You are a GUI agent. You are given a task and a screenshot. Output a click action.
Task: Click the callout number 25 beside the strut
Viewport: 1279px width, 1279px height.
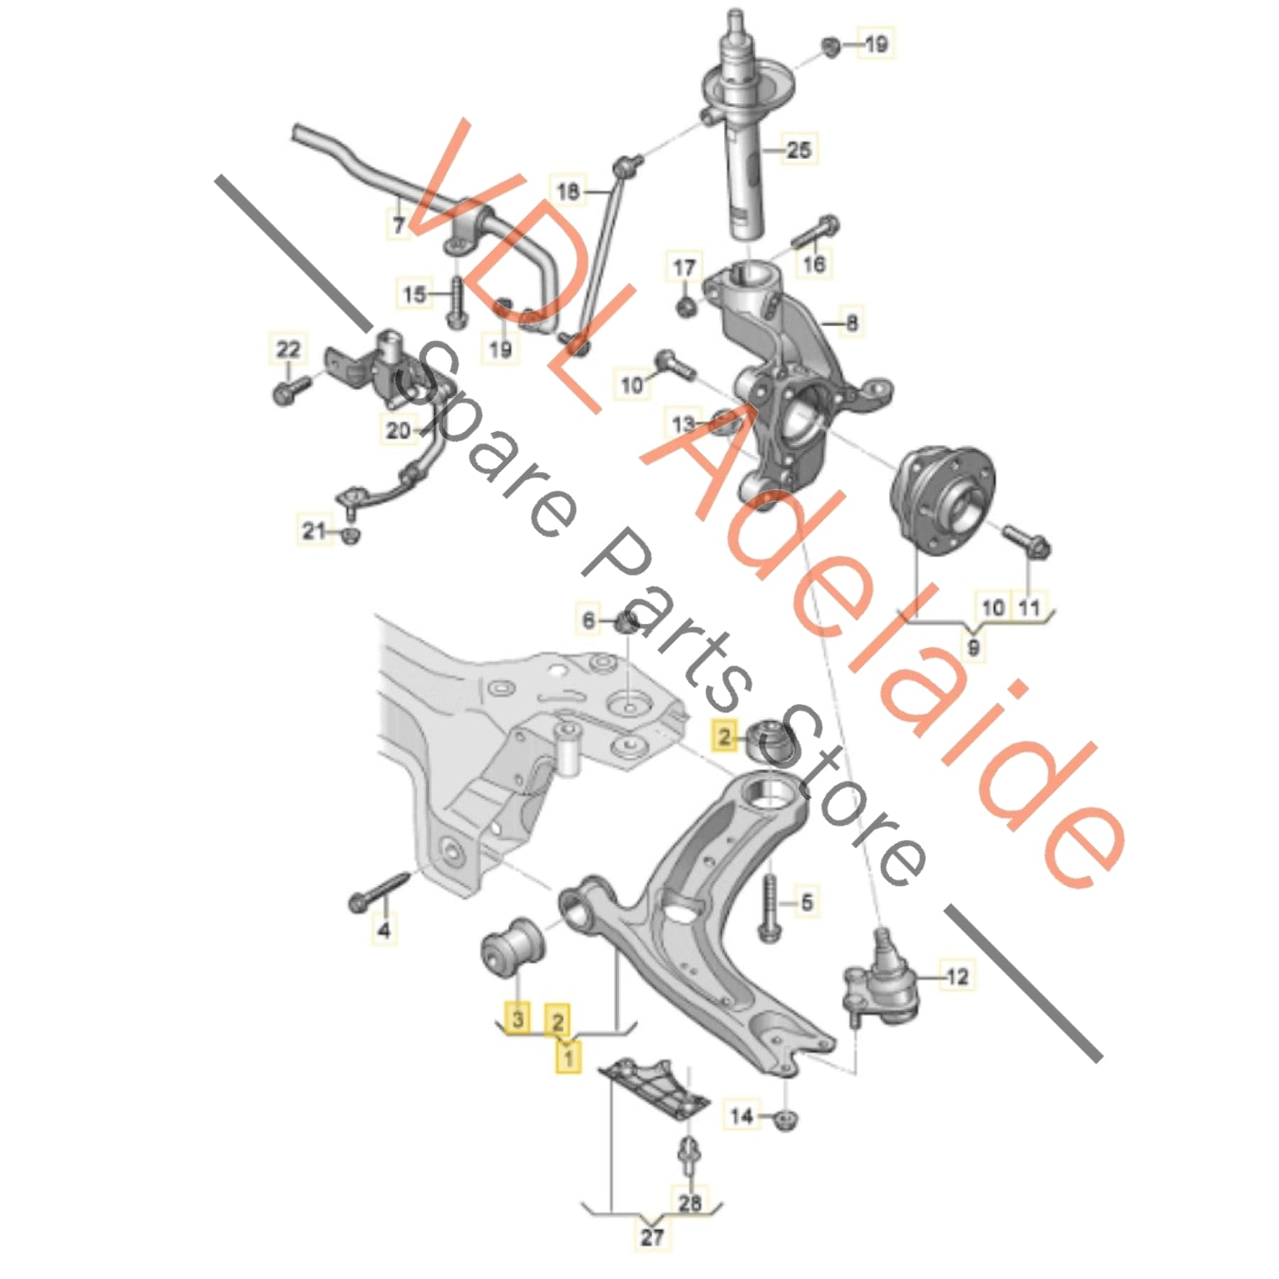[x=799, y=150]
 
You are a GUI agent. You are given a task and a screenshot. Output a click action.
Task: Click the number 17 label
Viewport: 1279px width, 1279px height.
[x=684, y=268]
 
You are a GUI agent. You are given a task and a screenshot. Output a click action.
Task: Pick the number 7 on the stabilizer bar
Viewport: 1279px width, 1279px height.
[x=399, y=225]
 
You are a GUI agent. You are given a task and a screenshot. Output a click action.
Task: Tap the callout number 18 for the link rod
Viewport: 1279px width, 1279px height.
[x=568, y=191]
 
